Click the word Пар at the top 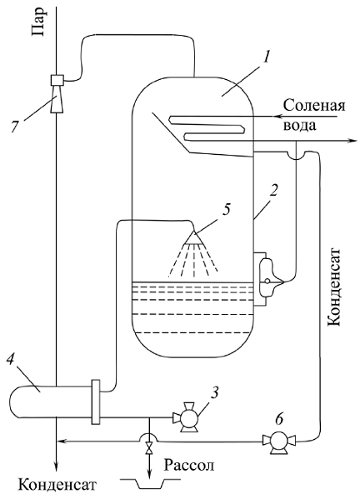tap(38, 22)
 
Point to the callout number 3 tap(216, 394)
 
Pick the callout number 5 tap(226, 210)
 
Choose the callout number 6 tap(278, 419)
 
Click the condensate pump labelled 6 tap(279, 442)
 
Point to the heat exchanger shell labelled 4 tap(51, 402)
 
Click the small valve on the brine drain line tap(148, 449)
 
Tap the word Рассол tap(189, 466)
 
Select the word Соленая tap(314, 105)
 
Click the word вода tap(300, 126)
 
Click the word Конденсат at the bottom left tap(57, 486)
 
